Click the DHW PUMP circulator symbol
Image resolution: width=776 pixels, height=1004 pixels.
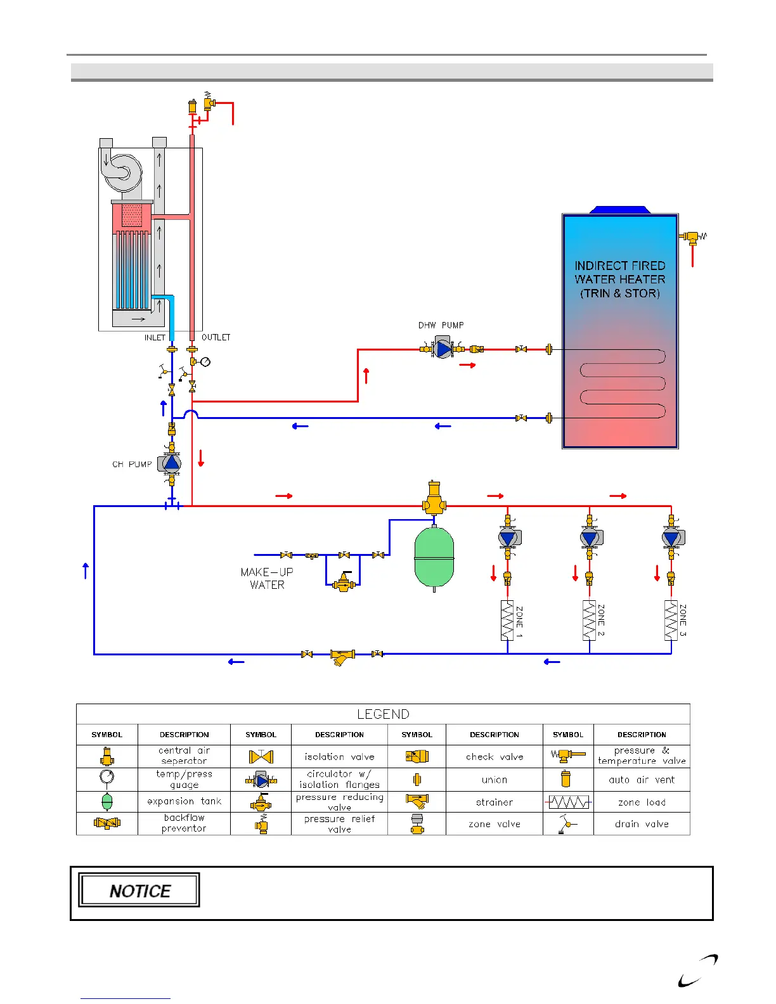coord(444,349)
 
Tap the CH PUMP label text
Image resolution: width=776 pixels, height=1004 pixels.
coord(132,465)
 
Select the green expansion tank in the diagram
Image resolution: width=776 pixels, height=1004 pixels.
coord(434,558)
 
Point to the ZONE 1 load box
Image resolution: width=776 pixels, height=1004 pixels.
coord(507,620)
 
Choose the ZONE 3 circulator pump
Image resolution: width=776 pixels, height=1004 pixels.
coord(671,538)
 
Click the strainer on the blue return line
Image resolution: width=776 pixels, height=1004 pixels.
coord(342,657)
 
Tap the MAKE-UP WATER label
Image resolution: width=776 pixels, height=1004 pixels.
coord(267,578)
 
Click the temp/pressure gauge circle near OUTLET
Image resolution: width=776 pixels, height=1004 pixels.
coord(205,362)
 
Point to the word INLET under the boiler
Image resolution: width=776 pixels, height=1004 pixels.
coord(155,338)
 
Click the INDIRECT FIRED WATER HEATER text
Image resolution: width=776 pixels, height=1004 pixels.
coord(619,280)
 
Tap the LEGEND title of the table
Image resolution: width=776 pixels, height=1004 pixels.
coord(383,714)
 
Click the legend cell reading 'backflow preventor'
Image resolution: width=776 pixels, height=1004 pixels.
coord(184,823)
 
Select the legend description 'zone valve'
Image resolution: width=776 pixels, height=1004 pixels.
coord(495,824)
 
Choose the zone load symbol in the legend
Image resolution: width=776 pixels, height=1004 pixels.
coord(569,802)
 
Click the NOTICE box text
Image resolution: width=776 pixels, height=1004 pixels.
coord(139,891)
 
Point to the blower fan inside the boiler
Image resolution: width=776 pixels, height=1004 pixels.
coord(122,172)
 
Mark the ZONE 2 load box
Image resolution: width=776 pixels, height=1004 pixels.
coord(589,620)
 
